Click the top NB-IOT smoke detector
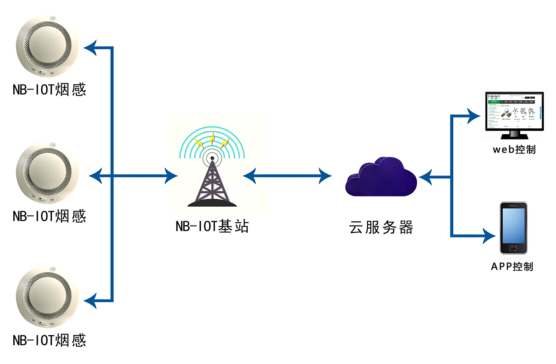pos(47,46)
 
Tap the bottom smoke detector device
pos(47,297)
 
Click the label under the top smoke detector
pos(49,90)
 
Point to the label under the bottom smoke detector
pos(49,340)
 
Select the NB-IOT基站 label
pos(212,226)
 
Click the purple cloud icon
pos(381,177)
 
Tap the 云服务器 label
pos(381,227)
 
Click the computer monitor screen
pos(514,111)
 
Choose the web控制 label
pos(514,150)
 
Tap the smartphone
pos(513,227)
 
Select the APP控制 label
pos(512,266)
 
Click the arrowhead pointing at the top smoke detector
pos(91,48)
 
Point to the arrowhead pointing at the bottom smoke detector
pos(91,300)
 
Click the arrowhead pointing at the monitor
pos(474,116)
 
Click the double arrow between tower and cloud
pos(287,176)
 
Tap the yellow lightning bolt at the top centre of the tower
pos(212,138)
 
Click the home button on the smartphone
pos(513,248)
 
